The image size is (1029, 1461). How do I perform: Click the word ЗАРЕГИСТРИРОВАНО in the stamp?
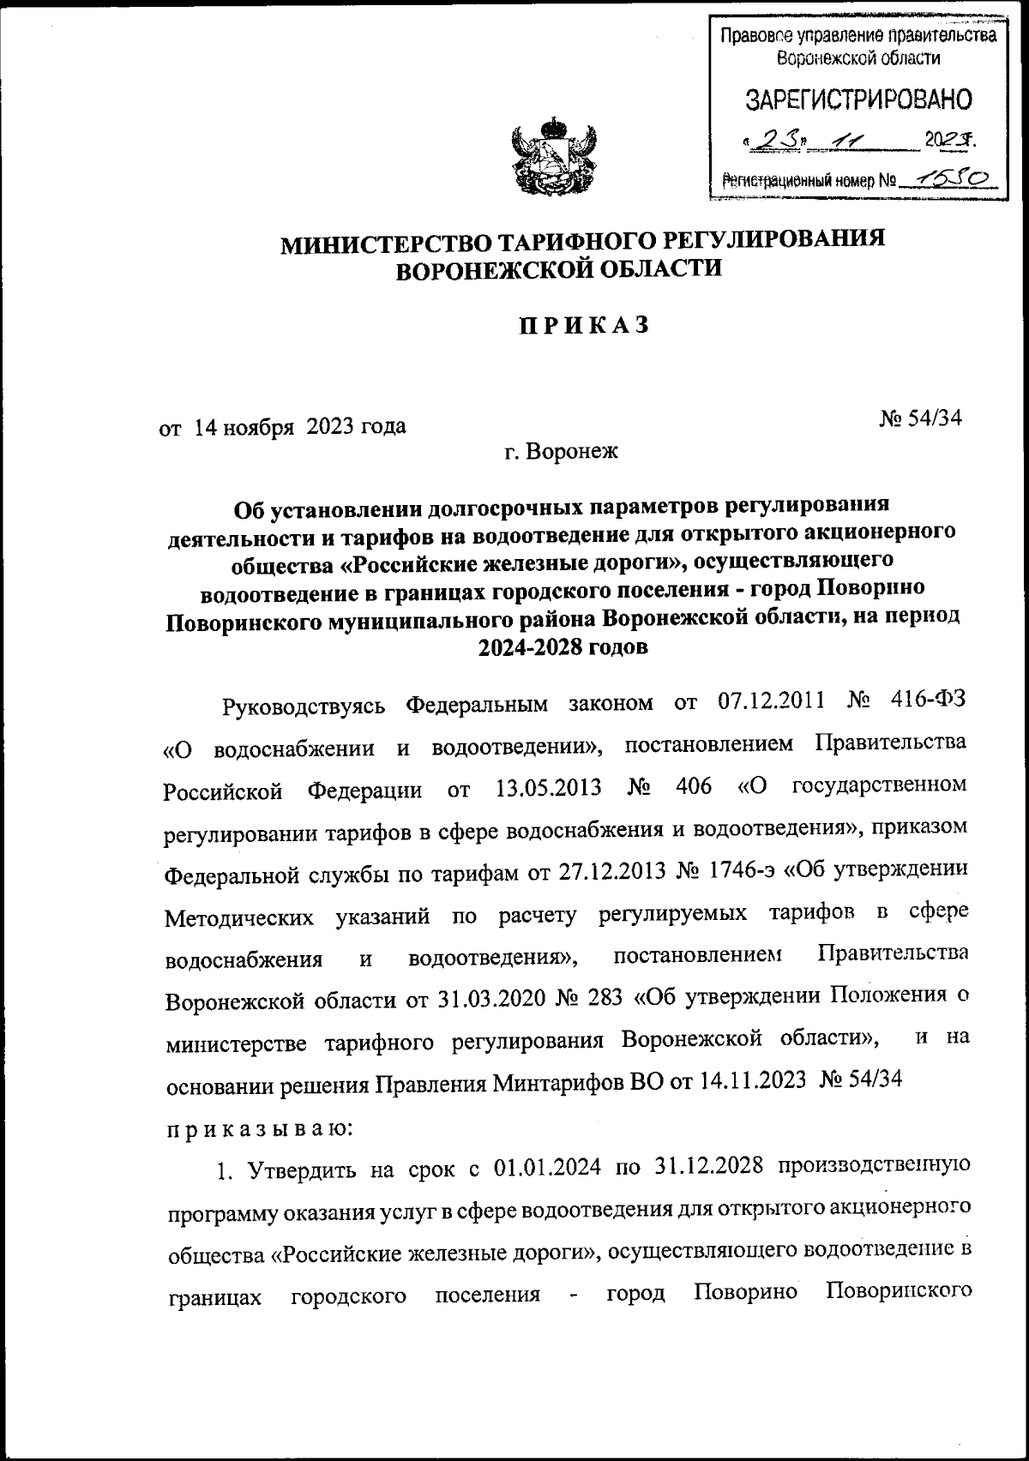coord(858,99)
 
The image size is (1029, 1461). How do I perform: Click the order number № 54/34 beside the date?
coord(921,418)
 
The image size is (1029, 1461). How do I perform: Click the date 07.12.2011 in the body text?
coord(768,704)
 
